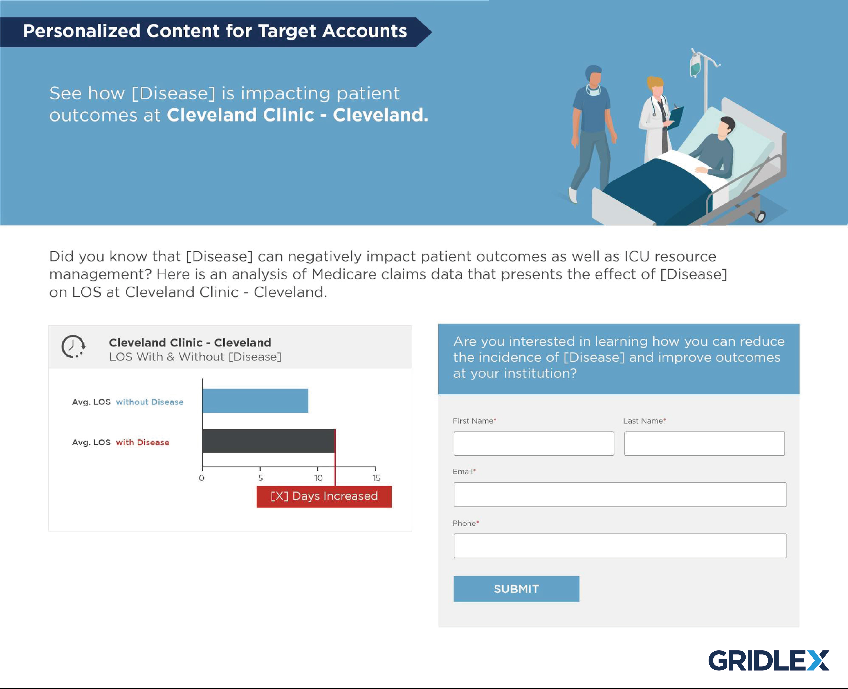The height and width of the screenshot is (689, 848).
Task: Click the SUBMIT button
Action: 516,589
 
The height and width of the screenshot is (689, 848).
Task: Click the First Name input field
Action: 534,443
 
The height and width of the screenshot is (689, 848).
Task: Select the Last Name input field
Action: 704,443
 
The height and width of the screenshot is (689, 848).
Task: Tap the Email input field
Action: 620,494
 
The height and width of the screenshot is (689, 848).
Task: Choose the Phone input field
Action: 620,546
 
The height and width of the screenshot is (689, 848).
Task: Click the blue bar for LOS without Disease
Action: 255,400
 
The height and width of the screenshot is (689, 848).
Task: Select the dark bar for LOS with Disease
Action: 268,441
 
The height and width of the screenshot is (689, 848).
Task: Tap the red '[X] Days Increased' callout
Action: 324,497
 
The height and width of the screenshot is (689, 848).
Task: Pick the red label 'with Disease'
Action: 142,442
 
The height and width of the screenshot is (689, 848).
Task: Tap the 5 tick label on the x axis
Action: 260,478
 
